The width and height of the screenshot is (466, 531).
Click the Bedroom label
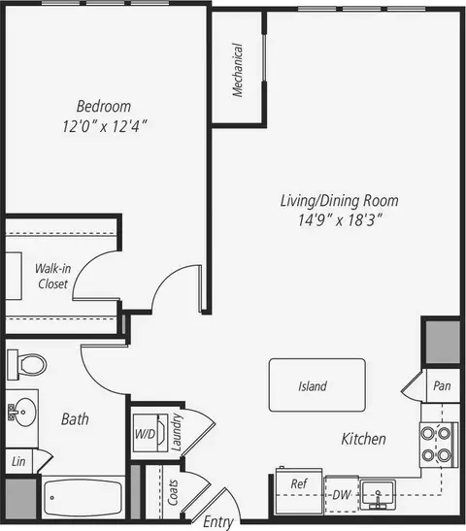(104, 107)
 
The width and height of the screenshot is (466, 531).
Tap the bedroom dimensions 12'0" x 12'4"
(105, 126)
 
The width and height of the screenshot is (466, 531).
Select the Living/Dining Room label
(340, 201)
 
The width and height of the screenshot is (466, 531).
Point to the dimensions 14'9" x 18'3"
(340, 220)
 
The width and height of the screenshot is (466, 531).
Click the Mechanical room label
(238, 70)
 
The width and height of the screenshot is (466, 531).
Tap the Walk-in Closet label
(53, 276)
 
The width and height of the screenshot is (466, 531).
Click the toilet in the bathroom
(27, 365)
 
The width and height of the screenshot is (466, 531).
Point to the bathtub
(83, 497)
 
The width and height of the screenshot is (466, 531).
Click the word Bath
(75, 419)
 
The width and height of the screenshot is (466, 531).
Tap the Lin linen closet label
(18, 461)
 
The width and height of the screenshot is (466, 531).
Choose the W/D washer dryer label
(145, 434)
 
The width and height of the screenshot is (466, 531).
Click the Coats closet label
(173, 492)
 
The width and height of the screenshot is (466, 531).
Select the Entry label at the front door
(218, 522)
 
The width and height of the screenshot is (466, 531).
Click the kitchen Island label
(313, 386)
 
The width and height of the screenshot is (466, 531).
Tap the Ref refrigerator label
(299, 483)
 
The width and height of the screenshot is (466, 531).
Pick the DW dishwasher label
(341, 495)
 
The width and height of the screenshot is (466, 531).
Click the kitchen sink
(378, 494)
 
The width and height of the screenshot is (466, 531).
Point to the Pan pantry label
(442, 385)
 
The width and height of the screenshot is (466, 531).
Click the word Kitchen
(363, 439)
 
